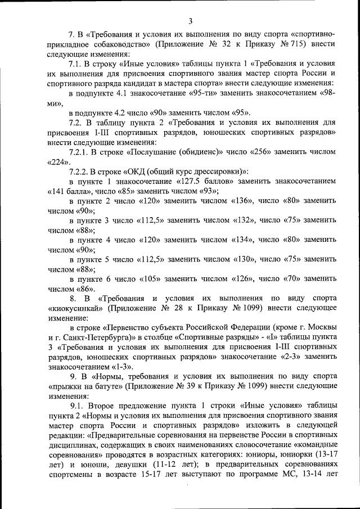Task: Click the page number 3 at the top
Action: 191,22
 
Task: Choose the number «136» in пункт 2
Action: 245,201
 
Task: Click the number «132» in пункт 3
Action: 246,220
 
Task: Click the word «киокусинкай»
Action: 72,308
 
